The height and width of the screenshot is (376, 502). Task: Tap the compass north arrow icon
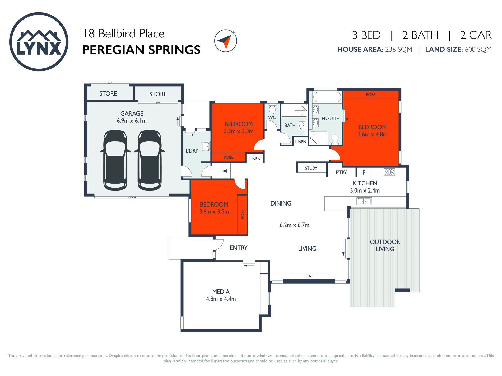(225, 41)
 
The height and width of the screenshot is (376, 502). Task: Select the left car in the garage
(115, 160)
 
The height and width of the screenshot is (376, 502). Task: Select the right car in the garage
(150, 160)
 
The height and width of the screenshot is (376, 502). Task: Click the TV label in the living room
(309, 277)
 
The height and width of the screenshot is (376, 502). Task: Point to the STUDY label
(311, 168)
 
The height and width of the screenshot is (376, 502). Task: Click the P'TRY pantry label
(341, 172)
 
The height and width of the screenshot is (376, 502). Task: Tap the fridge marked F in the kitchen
(364, 172)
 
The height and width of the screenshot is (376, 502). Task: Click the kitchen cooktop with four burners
(389, 172)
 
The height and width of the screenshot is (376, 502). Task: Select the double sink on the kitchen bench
(364, 201)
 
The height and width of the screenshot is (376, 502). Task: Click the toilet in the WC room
(272, 109)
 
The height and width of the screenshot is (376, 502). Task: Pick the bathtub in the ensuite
(327, 97)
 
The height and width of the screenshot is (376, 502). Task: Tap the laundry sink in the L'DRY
(206, 146)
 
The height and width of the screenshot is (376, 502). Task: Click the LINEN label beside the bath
(301, 142)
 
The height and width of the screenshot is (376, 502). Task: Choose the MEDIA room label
(221, 292)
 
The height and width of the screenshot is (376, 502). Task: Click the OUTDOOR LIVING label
(385, 245)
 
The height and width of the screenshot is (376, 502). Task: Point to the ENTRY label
(238, 248)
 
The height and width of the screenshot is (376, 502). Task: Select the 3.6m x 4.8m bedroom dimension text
(373, 134)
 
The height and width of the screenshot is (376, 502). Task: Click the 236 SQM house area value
(398, 49)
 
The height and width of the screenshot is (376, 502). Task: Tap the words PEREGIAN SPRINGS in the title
(141, 50)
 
